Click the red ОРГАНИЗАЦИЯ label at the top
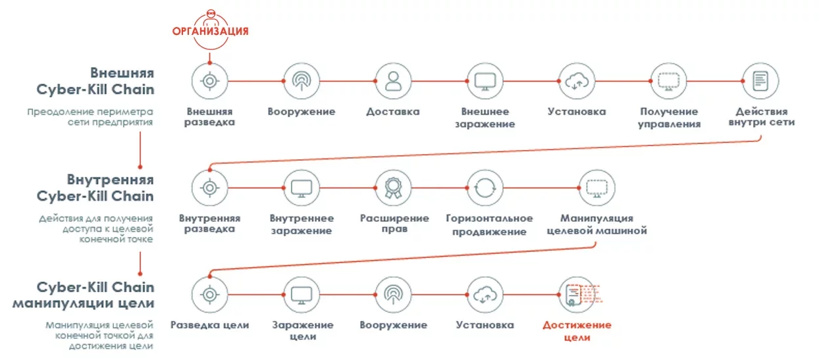[x=210, y=30]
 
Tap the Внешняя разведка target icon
[x=209, y=82]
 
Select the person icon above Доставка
[x=393, y=82]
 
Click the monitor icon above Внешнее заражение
[x=485, y=82]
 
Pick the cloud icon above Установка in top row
[x=577, y=82]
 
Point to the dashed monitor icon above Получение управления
[x=668, y=82]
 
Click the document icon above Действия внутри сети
[x=760, y=82]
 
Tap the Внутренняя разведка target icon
[x=209, y=188]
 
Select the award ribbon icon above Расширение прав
[x=393, y=188]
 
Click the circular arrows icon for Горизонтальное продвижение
[x=485, y=188]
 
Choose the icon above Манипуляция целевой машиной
[x=597, y=188]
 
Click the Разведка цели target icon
[x=209, y=294]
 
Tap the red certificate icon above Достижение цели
[x=577, y=294]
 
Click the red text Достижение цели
[x=577, y=331]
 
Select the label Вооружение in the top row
[x=301, y=111]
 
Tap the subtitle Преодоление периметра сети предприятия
[x=90, y=116]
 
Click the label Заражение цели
[x=302, y=331]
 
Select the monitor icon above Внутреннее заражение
[x=301, y=188]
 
